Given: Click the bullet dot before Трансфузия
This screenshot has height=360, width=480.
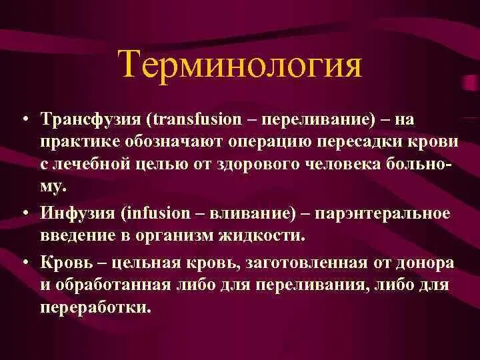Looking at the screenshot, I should coord(23,120).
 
